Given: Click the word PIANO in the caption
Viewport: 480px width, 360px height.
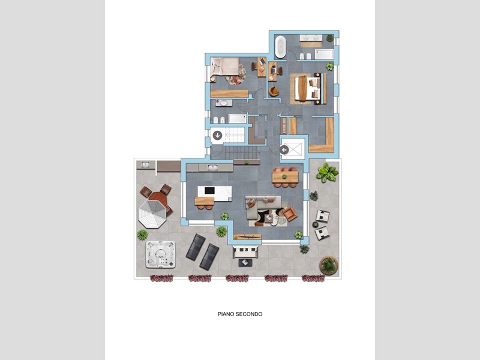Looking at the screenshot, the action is (x=225, y=314).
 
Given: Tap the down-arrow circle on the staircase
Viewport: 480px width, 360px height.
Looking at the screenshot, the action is (x=217, y=135).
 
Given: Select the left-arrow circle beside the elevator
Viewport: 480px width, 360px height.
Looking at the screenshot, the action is (x=284, y=150).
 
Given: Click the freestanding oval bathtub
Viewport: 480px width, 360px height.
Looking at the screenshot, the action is (x=280, y=47).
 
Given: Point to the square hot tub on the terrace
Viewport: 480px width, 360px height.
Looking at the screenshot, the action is (x=160, y=254).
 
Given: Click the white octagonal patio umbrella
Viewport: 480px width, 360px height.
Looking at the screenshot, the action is (x=152, y=214).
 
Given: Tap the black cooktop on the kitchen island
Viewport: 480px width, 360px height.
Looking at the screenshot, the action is (x=209, y=190).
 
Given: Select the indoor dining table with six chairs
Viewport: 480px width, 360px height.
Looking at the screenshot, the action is (x=285, y=177).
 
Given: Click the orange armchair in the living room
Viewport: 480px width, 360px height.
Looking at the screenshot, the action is (x=289, y=214).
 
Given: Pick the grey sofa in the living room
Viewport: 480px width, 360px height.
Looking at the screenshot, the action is (x=262, y=206).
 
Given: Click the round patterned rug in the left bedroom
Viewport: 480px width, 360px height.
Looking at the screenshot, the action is (x=236, y=74).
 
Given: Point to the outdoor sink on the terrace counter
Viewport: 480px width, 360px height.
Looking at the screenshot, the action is (x=145, y=164).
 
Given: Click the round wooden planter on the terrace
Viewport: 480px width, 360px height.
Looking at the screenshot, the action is (x=329, y=265).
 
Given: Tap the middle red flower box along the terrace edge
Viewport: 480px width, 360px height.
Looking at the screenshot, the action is (x=237, y=278).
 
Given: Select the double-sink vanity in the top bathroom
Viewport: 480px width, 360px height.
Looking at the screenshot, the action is (x=311, y=38).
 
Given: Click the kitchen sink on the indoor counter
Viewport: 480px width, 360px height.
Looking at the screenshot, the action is (x=212, y=167).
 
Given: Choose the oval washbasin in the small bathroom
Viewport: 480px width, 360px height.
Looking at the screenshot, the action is (x=224, y=103).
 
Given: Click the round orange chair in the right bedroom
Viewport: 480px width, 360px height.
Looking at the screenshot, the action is (x=274, y=91).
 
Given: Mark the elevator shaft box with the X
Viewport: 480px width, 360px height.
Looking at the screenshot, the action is (x=293, y=149).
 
